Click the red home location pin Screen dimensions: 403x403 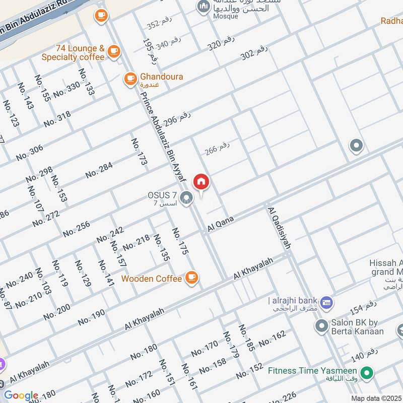click(x=201, y=182)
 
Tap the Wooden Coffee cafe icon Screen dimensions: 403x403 click(x=191, y=277)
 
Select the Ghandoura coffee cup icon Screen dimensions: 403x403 click(x=130, y=78)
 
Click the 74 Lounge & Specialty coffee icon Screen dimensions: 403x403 click(x=114, y=50)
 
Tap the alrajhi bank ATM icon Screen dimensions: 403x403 click(x=326, y=302)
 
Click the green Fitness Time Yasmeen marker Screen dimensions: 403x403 click(x=368, y=373)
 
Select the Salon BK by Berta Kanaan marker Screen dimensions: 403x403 click(x=321, y=326)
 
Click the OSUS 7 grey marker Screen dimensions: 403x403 click(x=187, y=197)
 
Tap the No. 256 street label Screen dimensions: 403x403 click(x=77, y=229)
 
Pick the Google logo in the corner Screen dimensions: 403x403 click(x=21, y=395)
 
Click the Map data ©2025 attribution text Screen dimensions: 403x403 click(x=376, y=398)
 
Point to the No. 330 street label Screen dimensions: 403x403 click(x=66, y=89)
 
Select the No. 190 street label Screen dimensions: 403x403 click(x=91, y=317)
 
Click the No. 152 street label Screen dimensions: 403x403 click(x=249, y=371)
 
